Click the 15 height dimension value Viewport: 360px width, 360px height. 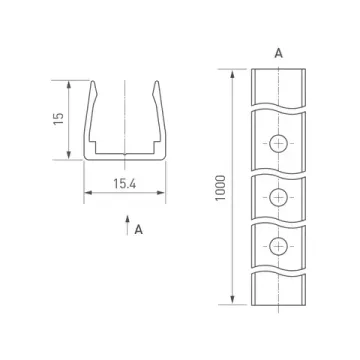click(58, 119)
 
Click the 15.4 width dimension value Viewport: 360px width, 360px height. click(125, 184)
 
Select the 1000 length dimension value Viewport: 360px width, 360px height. click(220, 188)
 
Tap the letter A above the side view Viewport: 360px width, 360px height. click(278, 53)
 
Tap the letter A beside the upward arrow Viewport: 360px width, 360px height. click(139, 229)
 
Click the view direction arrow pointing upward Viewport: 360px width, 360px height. click(127, 225)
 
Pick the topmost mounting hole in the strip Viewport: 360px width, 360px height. click(278, 144)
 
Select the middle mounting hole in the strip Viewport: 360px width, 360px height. click(278, 197)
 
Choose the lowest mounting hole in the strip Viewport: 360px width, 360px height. click(278, 246)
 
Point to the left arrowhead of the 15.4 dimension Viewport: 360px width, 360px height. click(88, 192)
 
